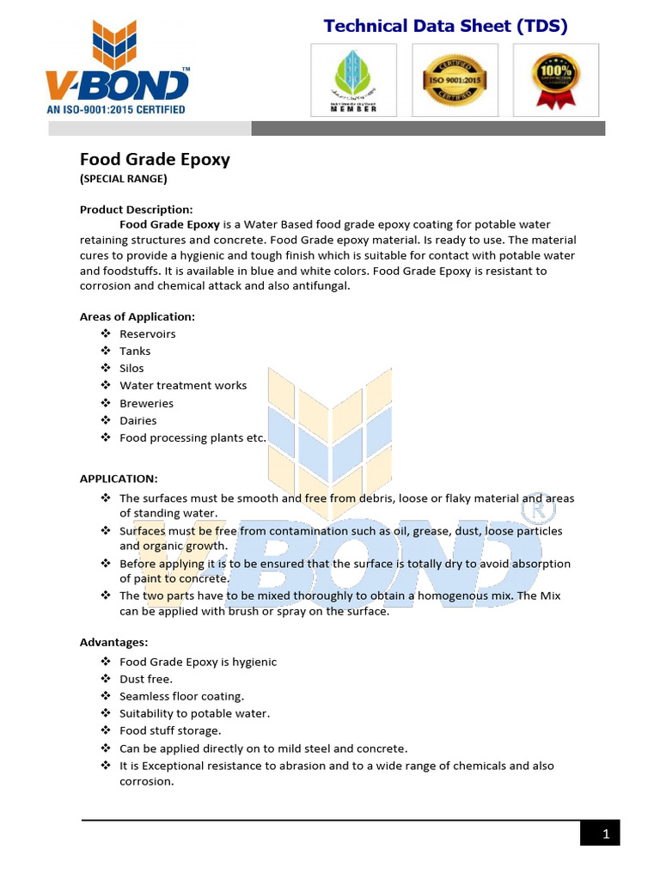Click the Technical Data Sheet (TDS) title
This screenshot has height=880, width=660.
click(445, 26)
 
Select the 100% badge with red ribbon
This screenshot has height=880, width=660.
click(555, 80)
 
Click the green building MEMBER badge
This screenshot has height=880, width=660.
click(353, 80)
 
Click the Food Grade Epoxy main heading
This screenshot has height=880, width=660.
click(155, 159)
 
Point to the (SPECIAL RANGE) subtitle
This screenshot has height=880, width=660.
click(123, 179)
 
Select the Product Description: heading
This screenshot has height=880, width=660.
click(136, 209)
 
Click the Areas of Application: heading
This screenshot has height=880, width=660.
click(137, 316)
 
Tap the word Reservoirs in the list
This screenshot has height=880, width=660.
click(147, 333)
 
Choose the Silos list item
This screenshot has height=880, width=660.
click(131, 368)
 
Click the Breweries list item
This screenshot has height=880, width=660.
click(146, 403)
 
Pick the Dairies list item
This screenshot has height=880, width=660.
click(137, 420)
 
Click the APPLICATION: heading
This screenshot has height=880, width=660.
click(119, 478)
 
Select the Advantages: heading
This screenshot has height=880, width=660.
click(114, 642)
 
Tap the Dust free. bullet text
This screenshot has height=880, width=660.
click(145, 679)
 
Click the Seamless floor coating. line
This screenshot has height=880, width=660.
click(181, 696)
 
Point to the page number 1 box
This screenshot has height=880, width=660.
click(599, 833)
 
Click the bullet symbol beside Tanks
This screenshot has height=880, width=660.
click(105, 351)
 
